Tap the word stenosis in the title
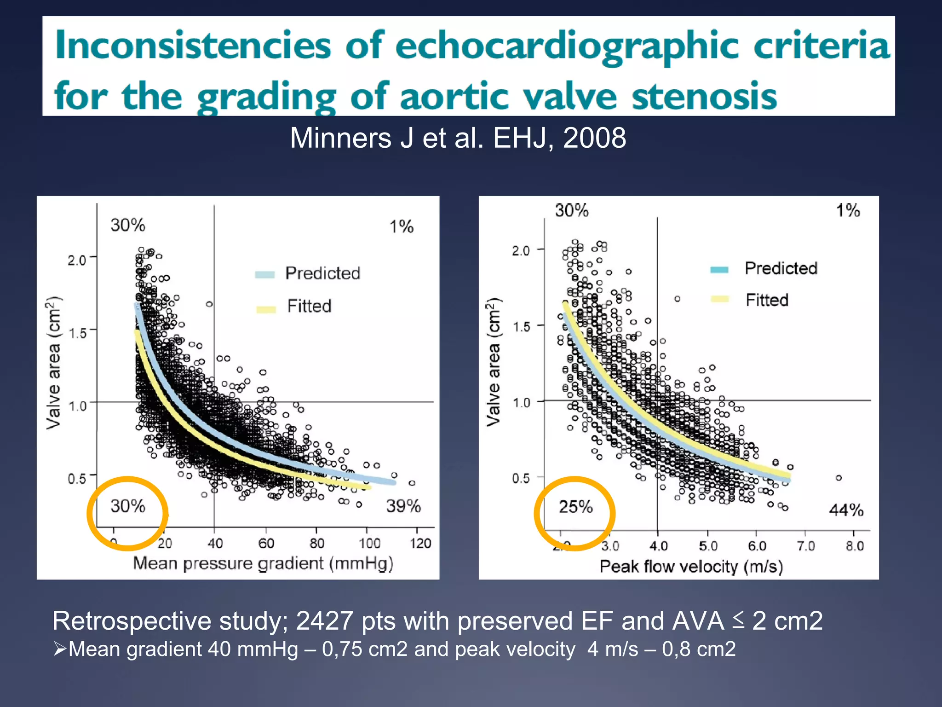(704, 97)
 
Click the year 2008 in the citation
(594, 138)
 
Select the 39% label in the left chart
(403, 506)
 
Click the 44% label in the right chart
(846, 510)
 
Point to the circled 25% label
(575, 507)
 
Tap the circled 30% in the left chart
(128, 506)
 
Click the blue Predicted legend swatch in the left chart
(264, 275)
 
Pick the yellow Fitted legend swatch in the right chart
(719, 299)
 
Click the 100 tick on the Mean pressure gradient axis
(369, 544)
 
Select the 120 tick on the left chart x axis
(420, 544)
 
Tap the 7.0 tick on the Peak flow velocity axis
(806, 546)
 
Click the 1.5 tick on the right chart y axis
(522, 327)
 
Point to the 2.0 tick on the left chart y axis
(77, 261)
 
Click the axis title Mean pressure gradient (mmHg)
(263, 563)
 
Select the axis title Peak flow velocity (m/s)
(691, 567)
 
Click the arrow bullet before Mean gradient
(60, 649)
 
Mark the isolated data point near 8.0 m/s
(839, 478)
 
